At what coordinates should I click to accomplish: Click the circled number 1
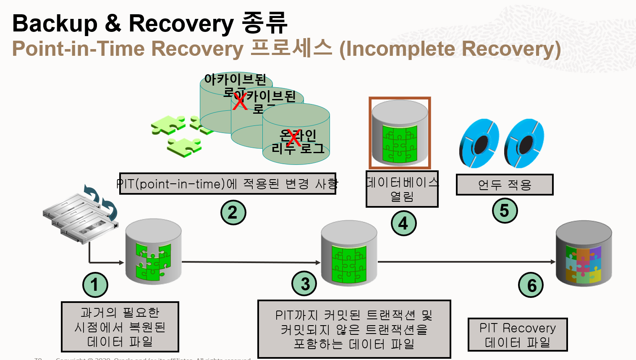pyautogui.click(x=95, y=285)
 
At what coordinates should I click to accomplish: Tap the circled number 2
pyautogui.click(x=233, y=212)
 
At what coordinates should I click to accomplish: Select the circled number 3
pyautogui.click(x=304, y=284)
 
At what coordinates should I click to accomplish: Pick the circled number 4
pyautogui.click(x=403, y=223)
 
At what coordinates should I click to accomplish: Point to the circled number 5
pyautogui.click(x=505, y=210)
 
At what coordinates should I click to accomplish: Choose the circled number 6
pyautogui.click(x=531, y=285)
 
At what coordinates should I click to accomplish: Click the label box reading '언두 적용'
pyautogui.click(x=505, y=185)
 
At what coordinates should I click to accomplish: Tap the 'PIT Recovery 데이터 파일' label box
pyautogui.click(x=518, y=335)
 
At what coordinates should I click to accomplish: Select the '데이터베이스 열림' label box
pyautogui.click(x=402, y=189)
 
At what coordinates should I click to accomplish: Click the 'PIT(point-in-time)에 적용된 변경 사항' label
pyautogui.click(x=228, y=184)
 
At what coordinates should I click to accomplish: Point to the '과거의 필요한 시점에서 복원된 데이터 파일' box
pyautogui.click(x=120, y=327)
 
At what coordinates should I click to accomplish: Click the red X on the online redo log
pyautogui.click(x=294, y=138)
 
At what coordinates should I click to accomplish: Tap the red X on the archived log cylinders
pyautogui.click(x=240, y=101)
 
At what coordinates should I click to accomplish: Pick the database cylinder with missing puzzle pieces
pyautogui.click(x=153, y=252)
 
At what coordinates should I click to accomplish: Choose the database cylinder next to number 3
pyautogui.click(x=349, y=253)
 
